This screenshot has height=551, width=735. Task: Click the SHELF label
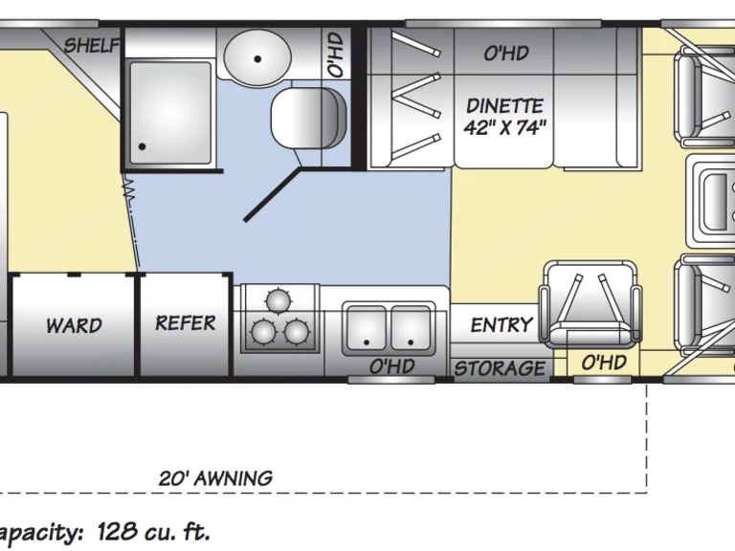[x=93, y=46]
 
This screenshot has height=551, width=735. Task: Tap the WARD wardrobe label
[x=74, y=325]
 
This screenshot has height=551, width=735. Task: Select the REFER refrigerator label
[x=186, y=323]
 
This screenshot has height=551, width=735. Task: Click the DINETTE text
[x=504, y=105]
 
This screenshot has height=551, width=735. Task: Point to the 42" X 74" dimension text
[x=506, y=128]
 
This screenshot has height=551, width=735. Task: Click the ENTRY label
[x=501, y=325]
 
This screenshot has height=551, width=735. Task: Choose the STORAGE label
[x=500, y=368]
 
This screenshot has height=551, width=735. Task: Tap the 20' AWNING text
[x=215, y=478]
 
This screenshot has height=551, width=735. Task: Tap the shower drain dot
[x=142, y=147]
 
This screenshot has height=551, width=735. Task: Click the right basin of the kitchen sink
[x=411, y=327]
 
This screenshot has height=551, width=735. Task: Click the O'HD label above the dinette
[x=505, y=54]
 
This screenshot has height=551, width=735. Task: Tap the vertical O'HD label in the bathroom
[x=334, y=55]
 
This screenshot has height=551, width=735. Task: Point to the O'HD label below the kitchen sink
[x=391, y=366]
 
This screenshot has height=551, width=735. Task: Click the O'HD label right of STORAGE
[x=605, y=363]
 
